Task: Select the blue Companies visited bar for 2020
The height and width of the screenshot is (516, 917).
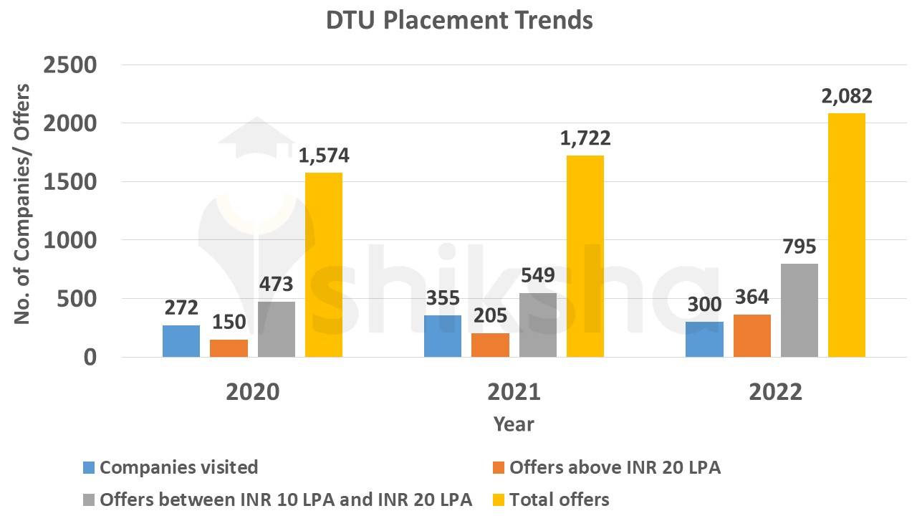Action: click(x=181, y=341)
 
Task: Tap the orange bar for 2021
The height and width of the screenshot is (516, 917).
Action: click(x=490, y=345)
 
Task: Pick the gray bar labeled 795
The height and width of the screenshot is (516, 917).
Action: click(x=800, y=310)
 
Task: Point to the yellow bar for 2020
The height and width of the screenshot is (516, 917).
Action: click(x=324, y=264)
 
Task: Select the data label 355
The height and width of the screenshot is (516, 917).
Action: click(x=443, y=298)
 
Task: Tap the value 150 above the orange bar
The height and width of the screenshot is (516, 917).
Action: click(x=229, y=322)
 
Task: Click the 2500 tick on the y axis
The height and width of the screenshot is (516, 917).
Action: click(x=69, y=65)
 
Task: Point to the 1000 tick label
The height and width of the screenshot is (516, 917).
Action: click(x=69, y=240)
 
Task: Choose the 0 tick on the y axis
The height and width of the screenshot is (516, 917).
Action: click(x=89, y=357)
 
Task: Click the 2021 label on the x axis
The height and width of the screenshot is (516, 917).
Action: click(x=514, y=393)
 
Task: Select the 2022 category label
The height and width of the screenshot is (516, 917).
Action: click(x=775, y=393)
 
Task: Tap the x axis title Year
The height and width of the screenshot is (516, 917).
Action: click(x=514, y=424)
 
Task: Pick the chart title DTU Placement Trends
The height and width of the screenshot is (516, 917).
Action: click(x=459, y=20)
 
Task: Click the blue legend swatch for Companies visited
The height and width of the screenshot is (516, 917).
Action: click(x=89, y=468)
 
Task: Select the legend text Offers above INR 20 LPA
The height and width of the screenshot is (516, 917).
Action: click(x=615, y=468)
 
